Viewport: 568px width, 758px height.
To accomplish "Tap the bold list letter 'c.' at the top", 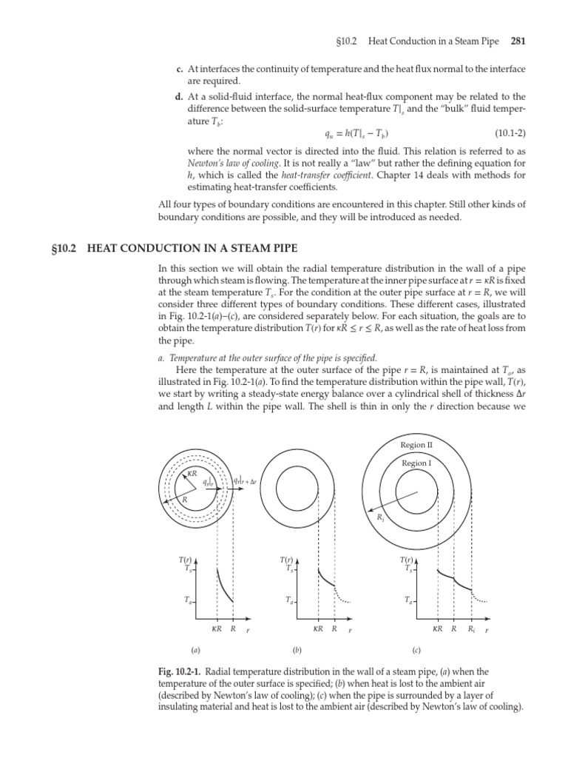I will coord(180,70).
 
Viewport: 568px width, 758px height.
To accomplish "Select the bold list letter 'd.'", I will coord(180,96).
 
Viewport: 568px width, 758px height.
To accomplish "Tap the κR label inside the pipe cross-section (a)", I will coord(192,473).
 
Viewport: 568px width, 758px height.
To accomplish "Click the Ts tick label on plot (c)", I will coord(408,569).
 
